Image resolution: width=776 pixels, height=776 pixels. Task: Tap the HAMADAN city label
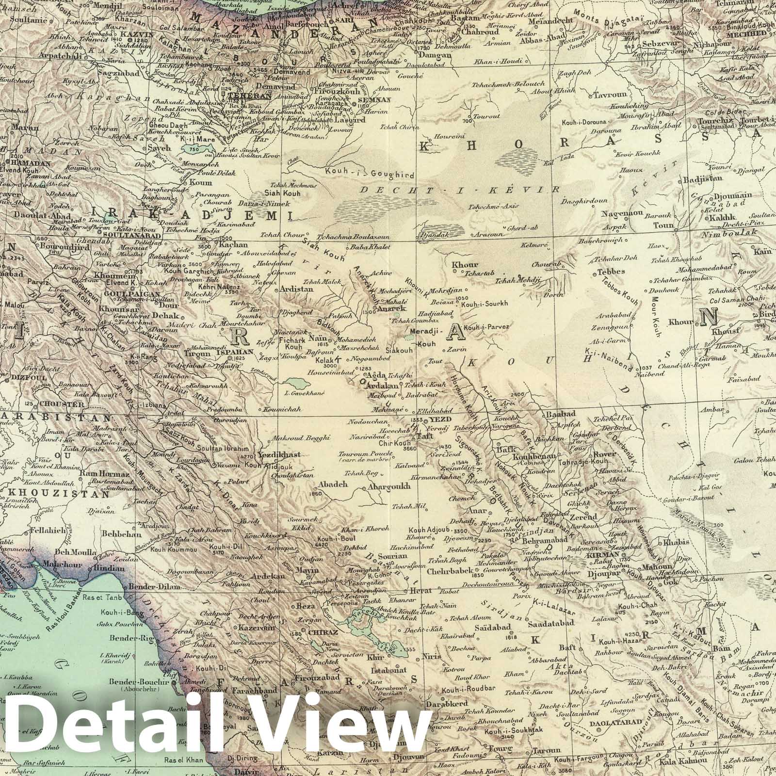(x=30, y=163)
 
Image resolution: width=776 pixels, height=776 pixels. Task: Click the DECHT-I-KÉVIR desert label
(x=461, y=190)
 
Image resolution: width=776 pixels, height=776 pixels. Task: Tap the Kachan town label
(x=234, y=245)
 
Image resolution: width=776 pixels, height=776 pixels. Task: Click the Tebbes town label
(x=612, y=272)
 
